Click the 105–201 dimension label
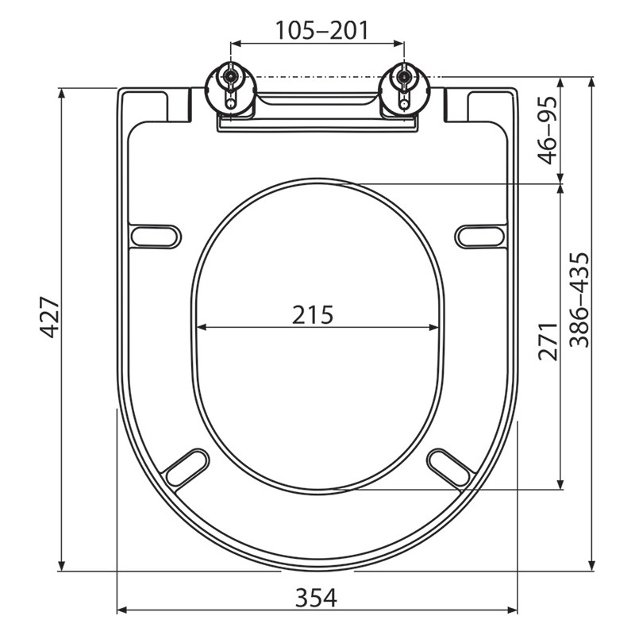tap(322, 30)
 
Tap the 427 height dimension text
tap(50, 317)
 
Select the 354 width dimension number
tap(316, 598)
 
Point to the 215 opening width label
tap(313, 314)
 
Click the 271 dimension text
tap(548, 341)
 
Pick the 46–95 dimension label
tap(548, 130)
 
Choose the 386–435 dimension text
tap(579, 300)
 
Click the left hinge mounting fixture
tap(230, 91)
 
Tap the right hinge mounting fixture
tap(403, 91)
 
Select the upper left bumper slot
tap(156, 236)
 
